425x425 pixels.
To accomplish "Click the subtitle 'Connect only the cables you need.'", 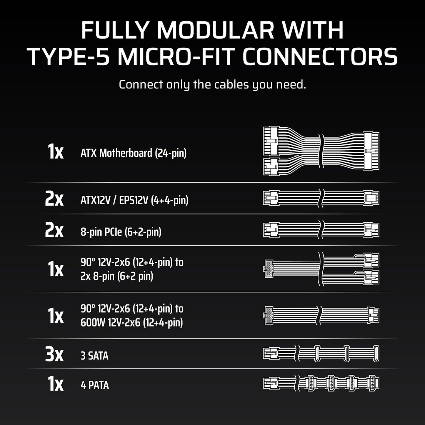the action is (212, 85).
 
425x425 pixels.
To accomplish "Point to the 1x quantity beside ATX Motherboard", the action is (56, 152).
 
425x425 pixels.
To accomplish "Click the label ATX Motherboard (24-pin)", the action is (134, 153).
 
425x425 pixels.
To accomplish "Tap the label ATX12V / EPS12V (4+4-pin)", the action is (134, 200).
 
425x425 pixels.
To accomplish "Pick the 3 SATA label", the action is (94, 356).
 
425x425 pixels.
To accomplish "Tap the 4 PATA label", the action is (95, 385).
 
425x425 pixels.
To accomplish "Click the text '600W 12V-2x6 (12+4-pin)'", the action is (132, 323).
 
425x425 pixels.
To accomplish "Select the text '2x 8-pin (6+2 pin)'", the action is (117, 276).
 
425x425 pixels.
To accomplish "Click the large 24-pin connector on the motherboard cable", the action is (371, 151).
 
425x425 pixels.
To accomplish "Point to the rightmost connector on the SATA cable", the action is (376, 354).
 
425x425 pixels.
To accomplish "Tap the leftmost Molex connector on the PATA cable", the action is (311, 384).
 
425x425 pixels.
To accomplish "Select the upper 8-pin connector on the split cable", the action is (371, 261).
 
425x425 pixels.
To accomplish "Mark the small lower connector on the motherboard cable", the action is (271, 167).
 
